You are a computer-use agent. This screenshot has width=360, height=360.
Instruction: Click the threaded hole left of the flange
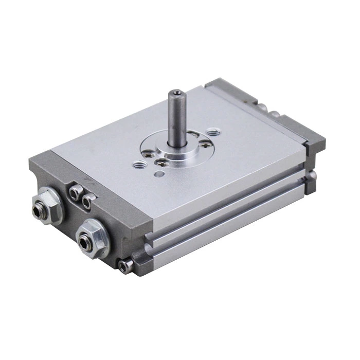point(140,165)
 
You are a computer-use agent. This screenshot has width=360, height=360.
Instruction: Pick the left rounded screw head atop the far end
point(263,107)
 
